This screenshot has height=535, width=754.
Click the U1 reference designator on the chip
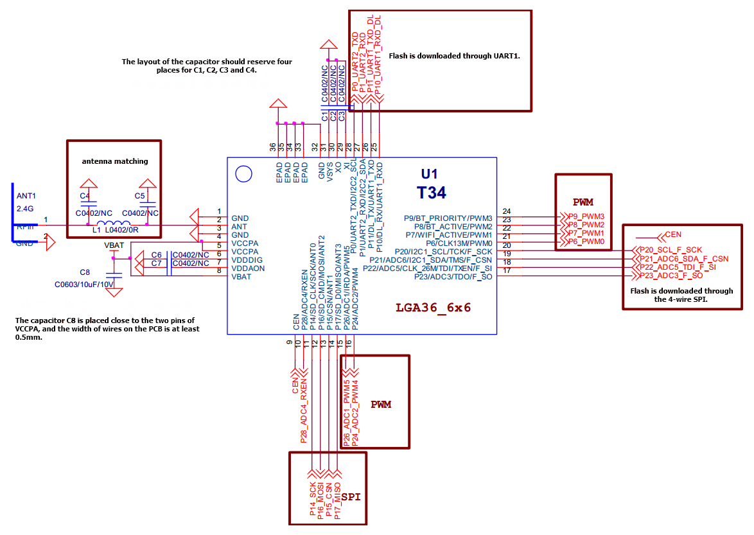[x=429, y=174]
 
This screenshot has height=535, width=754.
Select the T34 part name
[x=431, y=192]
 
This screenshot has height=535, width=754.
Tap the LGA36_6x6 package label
[x=434, y=308]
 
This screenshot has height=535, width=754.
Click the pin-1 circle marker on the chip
[x=243, y=173]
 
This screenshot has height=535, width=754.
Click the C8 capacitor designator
[x=85, y=272]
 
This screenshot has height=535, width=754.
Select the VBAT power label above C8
[x=114, y=245]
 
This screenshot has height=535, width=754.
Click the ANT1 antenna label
[x=26, y=197]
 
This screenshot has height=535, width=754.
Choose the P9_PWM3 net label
[x=586, y=216]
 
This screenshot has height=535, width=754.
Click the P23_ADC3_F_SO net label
[x=671, y=276]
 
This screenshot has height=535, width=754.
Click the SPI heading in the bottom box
[x=351, y=497]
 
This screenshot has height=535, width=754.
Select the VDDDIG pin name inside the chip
[x=247, y=260]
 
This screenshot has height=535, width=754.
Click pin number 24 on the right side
[x=507, y=211]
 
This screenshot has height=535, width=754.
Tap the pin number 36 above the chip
[x=274, y=147]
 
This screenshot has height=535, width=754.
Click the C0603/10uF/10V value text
[x=84, y=283]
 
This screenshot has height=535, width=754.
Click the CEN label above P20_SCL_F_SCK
[x=673, y=234]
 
